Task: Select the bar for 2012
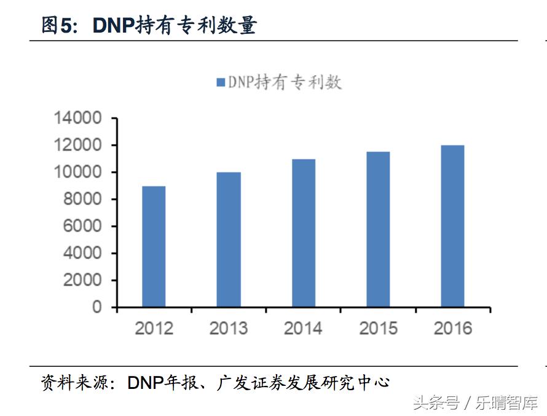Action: (154, 246)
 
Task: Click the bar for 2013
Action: (229, 239)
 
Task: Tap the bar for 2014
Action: (304, 233)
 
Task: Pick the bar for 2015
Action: (379, 230)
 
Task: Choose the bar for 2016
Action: (453, 226)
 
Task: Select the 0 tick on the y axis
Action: (97, 307)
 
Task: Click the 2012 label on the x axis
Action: (154, 328)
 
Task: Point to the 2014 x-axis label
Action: (303, 328)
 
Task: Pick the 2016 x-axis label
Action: (453, 328)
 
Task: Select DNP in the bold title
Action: (113, 26)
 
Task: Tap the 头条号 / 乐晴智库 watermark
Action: (475, 403)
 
